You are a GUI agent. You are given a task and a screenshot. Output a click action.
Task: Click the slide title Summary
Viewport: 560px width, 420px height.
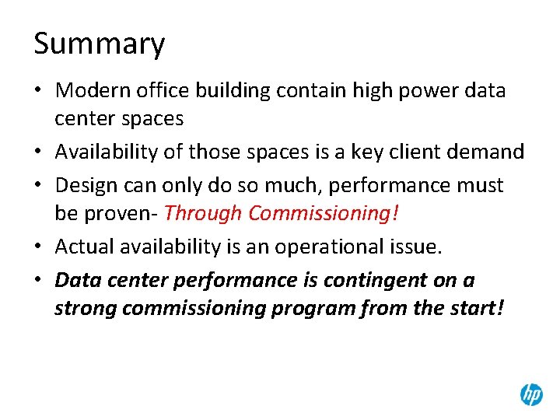click(99, 44)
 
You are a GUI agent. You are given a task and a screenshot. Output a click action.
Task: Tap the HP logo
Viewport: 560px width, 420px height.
click(531, 395)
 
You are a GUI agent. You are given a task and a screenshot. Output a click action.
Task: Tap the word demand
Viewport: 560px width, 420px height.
click(494, 152)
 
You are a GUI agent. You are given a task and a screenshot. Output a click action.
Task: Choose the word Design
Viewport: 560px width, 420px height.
click(86, 186)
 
